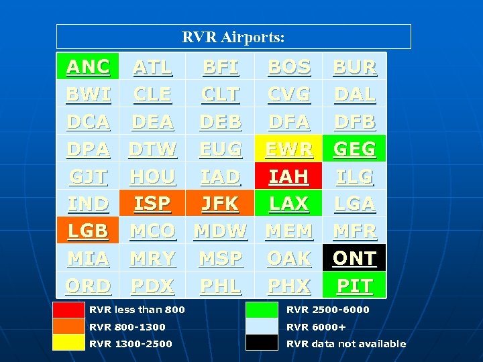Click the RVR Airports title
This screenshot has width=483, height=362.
(233, 37)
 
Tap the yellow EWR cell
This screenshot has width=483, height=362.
(288, 149)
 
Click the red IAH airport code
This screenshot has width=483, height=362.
(288, 176)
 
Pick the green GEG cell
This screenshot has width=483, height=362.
(354, 149)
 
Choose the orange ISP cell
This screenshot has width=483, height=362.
(152, 203)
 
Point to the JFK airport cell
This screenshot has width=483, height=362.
(220, 203)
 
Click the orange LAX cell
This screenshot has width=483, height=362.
(288, 203)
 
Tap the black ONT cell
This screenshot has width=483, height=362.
(354, 258)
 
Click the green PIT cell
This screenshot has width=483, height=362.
(354, 286)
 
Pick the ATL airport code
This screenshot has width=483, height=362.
(152, 66)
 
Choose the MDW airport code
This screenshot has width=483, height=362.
(220, 231)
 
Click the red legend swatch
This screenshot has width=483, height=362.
(68, 310)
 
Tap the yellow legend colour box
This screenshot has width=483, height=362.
(68, 343)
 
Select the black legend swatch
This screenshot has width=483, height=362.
(262, 343)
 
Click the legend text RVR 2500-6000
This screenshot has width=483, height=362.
(327, 310)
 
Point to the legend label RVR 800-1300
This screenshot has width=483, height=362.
(127, 326)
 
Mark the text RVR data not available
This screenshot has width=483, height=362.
(346, 343)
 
